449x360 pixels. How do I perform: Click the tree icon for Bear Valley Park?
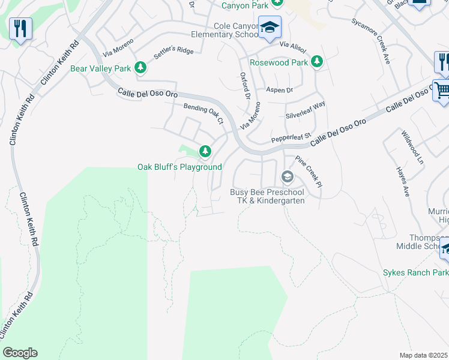140,68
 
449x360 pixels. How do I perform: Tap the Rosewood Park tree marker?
316,62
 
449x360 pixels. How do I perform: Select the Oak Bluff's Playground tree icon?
205,151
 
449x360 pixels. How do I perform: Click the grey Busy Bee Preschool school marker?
287,176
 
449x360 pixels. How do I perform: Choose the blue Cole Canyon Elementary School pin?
270,27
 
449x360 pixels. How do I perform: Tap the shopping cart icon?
442,91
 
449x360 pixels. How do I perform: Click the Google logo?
20,353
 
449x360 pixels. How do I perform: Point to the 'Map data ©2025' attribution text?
424,355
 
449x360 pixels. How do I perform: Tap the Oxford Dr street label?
245,86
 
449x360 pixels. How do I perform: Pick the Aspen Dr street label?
279,90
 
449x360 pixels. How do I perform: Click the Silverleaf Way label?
305,108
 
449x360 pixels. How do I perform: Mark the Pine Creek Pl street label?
310,172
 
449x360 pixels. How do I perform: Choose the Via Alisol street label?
293,46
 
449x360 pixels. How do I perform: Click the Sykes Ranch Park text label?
415,272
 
